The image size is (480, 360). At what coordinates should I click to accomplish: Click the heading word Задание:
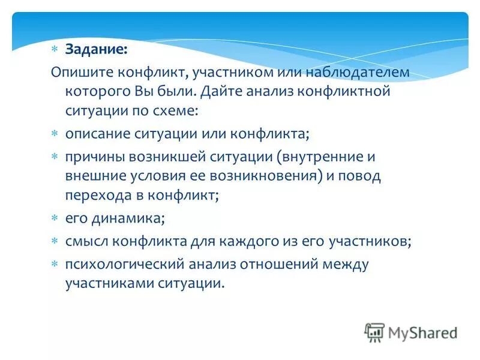click(96, 50)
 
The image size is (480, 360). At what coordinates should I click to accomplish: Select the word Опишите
click(77, 73)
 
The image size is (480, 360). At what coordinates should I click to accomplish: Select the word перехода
click(95, 195)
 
